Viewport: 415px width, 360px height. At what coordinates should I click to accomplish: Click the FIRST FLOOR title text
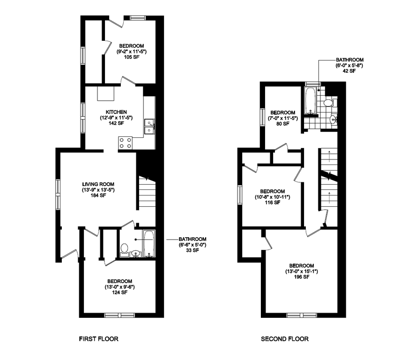[x=98, y=338]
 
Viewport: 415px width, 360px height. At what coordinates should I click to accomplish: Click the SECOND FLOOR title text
[x=284, y=338]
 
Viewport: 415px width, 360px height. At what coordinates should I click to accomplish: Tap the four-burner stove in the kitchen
[x=125, y=142]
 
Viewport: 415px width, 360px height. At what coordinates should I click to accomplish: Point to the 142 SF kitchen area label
[x=116, y=123]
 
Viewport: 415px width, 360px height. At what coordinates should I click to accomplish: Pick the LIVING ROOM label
[x=98, y=184]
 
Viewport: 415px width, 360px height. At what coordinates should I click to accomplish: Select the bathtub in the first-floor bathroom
[x=148, y=243]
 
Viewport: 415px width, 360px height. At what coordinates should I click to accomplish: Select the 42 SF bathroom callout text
[x=349, y=72]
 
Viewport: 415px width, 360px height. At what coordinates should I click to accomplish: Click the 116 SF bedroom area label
[x=272, y=203]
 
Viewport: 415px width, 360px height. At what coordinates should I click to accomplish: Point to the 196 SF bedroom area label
[x=301, y=277]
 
